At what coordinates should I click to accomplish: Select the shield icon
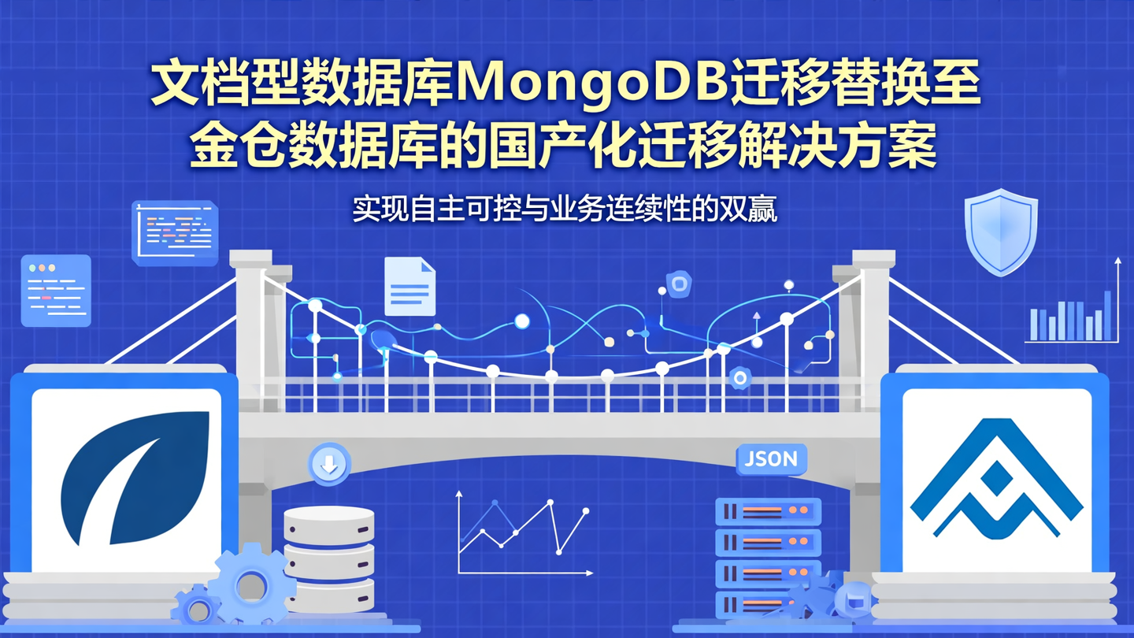(1001, 232)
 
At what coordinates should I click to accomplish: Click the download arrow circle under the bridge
(329, 464)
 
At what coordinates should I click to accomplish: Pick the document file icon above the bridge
(409, 287)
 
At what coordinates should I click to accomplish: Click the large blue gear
(251, 584)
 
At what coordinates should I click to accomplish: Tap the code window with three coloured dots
(56, 290)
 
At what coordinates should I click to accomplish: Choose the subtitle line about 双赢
(565, 210)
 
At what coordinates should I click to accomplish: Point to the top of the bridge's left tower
(251, 258)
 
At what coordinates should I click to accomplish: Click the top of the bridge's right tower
(873, 258)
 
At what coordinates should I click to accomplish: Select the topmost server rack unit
(768, 511)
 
